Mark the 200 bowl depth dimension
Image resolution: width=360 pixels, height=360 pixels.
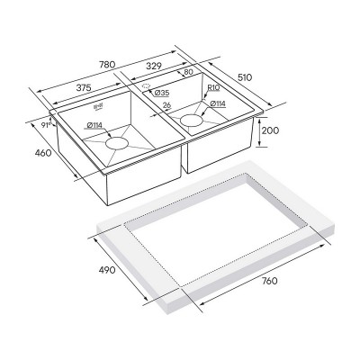coord(269,130)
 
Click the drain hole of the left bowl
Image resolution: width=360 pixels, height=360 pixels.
coord(118,141)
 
